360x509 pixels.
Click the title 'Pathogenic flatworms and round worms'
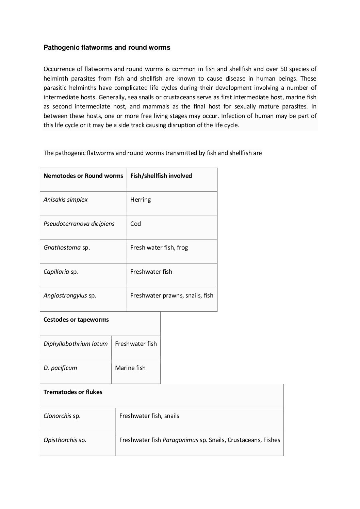(x=107, y=48)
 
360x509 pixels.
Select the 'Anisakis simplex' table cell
(x=66, y=200)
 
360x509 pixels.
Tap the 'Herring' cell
(x=140, y=200)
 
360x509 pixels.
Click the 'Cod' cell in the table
(x=135, y=224)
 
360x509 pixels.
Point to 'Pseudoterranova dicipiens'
(x=79, y=224)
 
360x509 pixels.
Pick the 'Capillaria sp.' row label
(x=61, y=272)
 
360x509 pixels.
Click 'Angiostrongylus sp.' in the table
(x=70, y=295)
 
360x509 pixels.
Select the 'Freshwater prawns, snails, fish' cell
(x=171, y=295)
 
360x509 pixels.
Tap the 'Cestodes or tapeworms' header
(x=76, y=320)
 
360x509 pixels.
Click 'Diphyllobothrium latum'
(x=76, y=344)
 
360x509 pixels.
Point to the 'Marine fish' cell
(x=130, y=368)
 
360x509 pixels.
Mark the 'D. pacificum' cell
(x=60, y=368)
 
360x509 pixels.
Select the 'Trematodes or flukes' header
(x=73, y=392)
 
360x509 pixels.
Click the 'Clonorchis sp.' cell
(x=62, y=416)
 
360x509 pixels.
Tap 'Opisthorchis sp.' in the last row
(x=65, y=440)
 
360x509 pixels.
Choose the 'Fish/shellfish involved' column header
(x=161, y=176)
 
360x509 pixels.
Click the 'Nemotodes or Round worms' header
(x=83, y=176)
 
